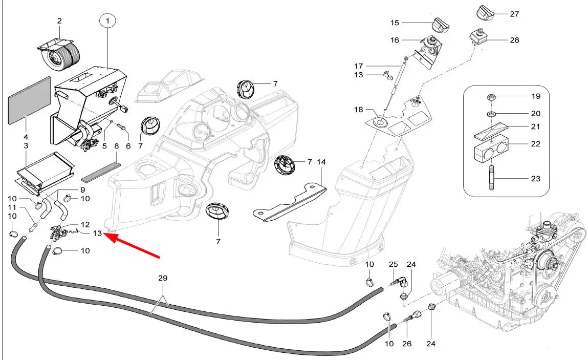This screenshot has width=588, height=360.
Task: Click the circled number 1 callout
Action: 107,21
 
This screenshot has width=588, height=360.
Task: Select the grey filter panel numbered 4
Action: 30,100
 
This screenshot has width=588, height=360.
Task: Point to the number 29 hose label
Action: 162,278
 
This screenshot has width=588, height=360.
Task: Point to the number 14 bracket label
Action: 321,162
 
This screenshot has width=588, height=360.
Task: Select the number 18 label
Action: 359,110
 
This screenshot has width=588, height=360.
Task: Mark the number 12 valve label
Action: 85,224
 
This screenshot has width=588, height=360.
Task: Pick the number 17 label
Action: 358,66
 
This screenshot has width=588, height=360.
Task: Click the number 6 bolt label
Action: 128,146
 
